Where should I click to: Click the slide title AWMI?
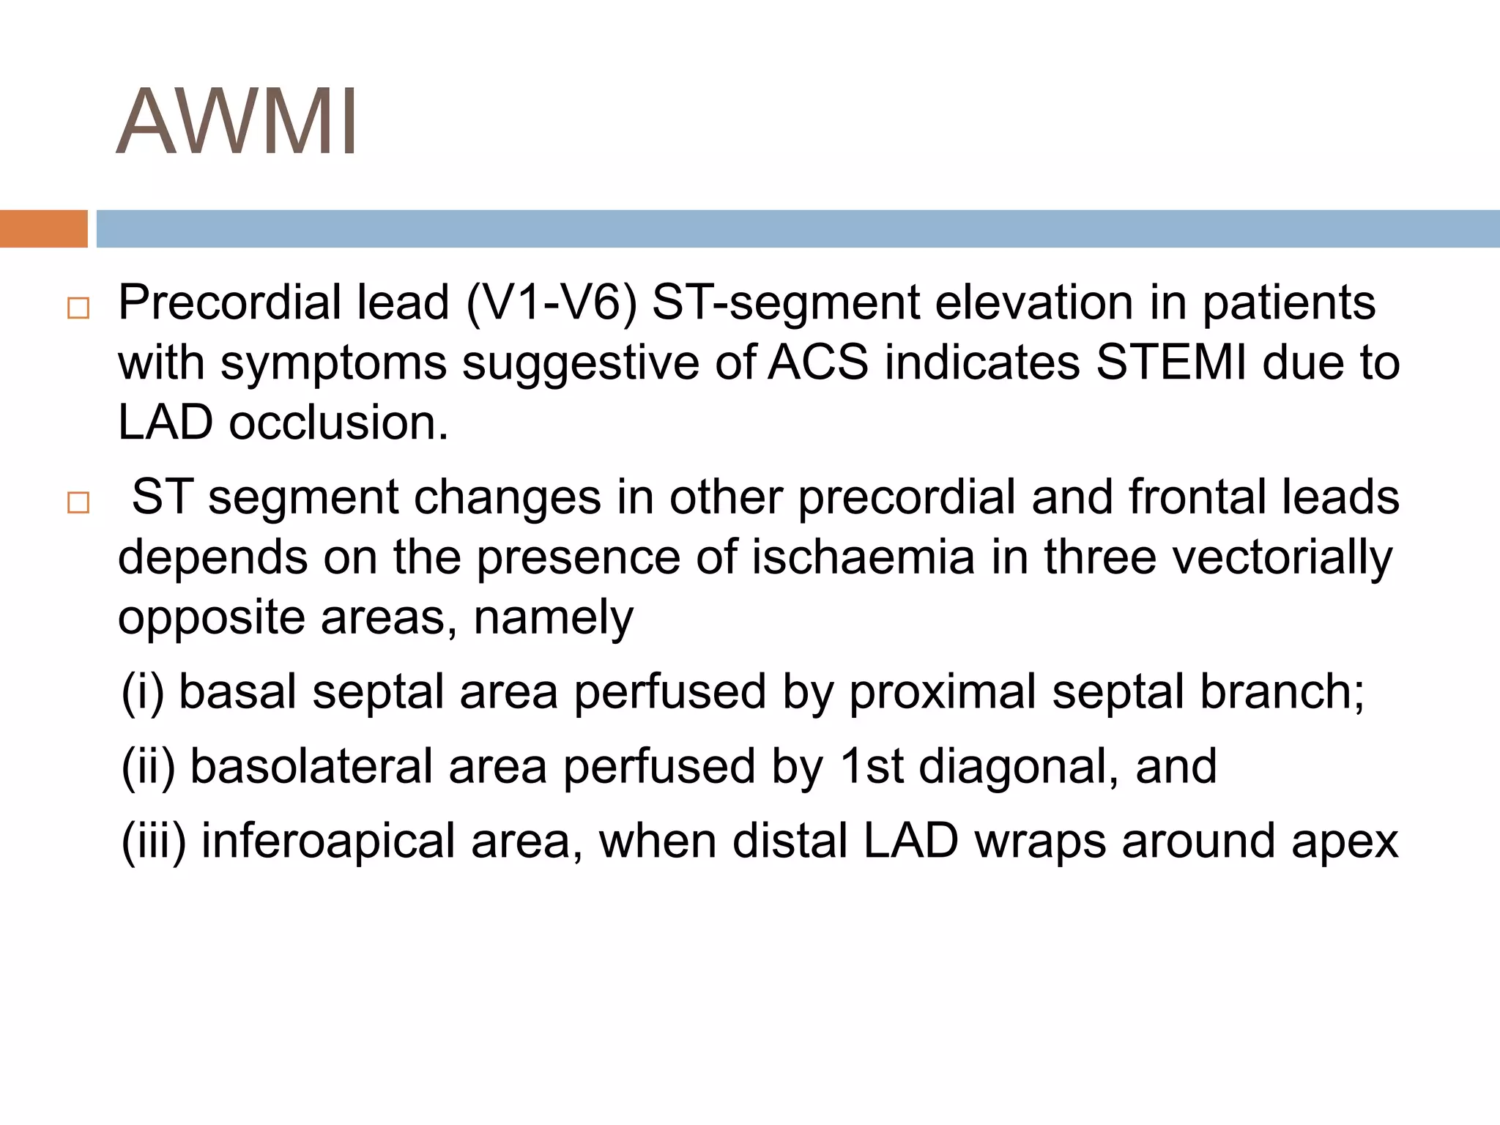pyautogui.click(x=237, y=122)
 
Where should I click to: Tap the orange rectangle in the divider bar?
pyautogui.click(x=43, y=229)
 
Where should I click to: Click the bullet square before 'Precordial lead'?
pyautogui.click(x=78, y=308)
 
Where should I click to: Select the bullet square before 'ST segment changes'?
pyautogui.click(x=78, y=503)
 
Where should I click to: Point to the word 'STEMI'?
pyautogui.click(x=1170, y=363)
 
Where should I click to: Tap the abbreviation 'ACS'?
pyautogui.click(x=817, y=363)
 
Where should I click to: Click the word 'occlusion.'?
pyautogui.click(x=338, y=423)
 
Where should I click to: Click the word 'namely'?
pyautogui.click(x=553, y=618)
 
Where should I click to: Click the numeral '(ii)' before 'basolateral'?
pyautogui.click(x=148, y=767)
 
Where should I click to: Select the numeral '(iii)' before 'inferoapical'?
pyautogui.click(x=154, y=842)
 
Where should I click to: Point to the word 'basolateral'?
pyautogui.click(x=311, y=767)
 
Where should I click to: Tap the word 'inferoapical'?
pyautogui.click(x=329, y=842)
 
